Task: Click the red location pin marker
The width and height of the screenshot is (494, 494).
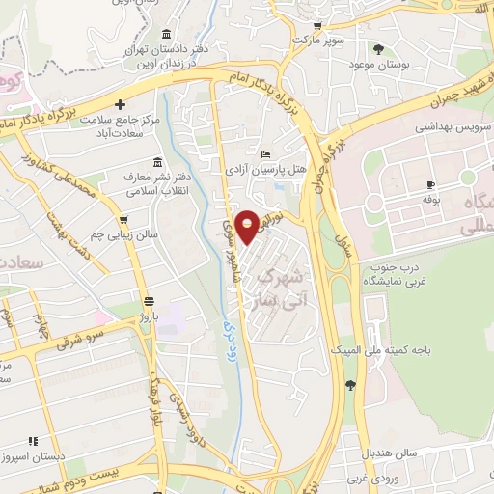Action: tap(248, 226)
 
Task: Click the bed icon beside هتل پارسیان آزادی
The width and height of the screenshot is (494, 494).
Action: tap(267, 153)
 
